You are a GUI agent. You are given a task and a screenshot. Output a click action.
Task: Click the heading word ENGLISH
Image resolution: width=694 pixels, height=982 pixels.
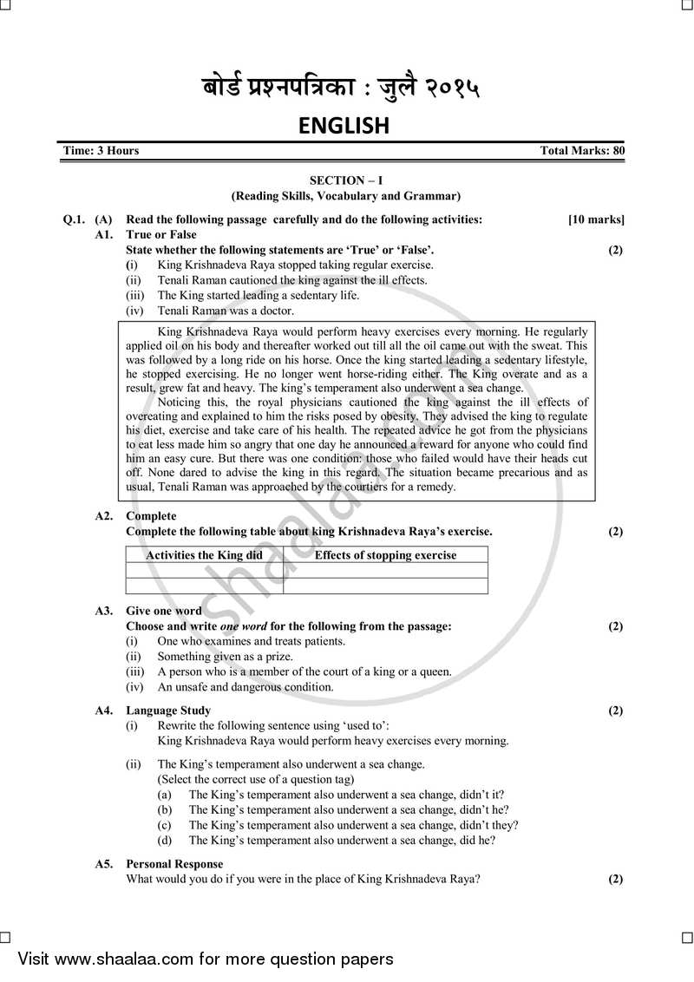coord(344,126)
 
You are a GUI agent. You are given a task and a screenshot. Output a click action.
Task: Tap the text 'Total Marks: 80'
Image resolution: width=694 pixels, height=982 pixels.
coord(582,151)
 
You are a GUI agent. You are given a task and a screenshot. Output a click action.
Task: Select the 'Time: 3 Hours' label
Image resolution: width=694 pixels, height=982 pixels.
coord(101,151)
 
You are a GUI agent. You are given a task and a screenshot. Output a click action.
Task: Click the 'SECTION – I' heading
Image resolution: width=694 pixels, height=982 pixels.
coord(345,180)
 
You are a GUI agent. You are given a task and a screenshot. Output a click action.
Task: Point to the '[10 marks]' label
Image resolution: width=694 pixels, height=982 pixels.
coord(596,219)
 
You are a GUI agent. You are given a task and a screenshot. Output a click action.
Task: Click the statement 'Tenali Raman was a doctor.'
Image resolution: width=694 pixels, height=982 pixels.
coord(226,310)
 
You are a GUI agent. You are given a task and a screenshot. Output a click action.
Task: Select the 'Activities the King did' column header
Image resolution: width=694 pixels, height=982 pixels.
coord(204,555)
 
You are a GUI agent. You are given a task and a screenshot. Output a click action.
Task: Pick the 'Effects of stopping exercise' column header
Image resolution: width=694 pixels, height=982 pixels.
coord(385,555)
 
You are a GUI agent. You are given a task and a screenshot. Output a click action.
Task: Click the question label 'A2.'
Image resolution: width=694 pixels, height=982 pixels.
coord(104,515)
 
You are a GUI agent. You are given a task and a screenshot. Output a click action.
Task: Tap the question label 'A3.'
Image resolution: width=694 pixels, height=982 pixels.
coord(104,611)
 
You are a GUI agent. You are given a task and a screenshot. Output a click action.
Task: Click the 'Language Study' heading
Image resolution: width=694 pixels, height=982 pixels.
coord(168,710)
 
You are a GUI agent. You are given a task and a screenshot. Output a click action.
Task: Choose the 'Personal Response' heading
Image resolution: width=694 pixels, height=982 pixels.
coord(174,864)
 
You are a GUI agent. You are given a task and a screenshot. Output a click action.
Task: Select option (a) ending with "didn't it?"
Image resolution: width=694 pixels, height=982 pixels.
coord(346,794)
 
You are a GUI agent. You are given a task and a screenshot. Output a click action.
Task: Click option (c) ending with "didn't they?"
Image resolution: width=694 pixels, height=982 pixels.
coord(353,824)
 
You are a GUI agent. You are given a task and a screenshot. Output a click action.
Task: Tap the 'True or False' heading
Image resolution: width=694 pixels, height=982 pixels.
coord(161,234)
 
